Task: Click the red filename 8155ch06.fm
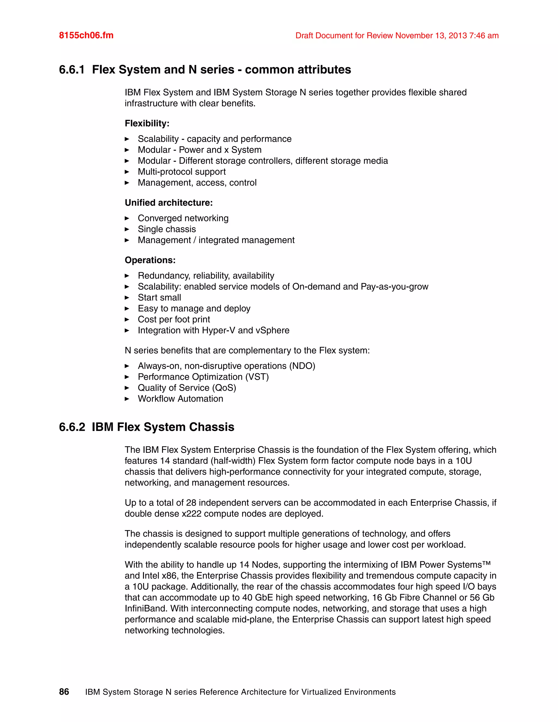tap(86, 35)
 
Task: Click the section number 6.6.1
tap(72, 70)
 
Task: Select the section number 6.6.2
tap(72, 427)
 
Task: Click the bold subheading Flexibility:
tap(147, 123)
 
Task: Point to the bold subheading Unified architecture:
tap(169, 203)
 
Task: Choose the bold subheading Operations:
tap(150, 260)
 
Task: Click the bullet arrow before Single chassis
tap(127, 229)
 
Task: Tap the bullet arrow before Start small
tap(127, 298)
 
